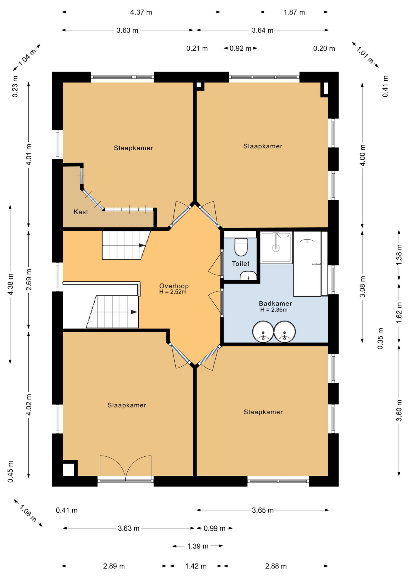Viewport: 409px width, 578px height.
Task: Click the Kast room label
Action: coord(81,212)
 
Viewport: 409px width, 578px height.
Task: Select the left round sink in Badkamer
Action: coord(263,331)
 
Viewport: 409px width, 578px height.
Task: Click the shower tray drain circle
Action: coord(276,248)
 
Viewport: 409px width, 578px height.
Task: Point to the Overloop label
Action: coord(174,286)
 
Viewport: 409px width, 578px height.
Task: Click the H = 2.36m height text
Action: coord(274,310)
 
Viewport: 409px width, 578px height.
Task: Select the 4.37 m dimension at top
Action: coord(141,12)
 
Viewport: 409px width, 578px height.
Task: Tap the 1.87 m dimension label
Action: coord(294,12)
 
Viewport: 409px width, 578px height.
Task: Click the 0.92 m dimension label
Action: coord(240,48)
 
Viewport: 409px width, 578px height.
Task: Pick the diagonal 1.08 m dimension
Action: coord(28,514)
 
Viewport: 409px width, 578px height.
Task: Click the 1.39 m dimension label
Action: coord(198,546)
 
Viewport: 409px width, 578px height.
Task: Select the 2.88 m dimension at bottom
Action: coord(276,566)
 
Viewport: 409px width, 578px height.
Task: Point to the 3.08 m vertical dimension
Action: coord(363,287)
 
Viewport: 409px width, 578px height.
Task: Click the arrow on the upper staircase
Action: coord(142,245)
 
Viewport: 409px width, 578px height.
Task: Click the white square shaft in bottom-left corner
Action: coord(68,470)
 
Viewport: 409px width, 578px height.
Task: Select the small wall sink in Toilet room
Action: coord(248,276)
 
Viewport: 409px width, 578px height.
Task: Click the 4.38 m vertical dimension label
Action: coord(11,284)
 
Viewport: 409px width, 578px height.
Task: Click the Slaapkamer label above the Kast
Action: coord(133,148)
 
